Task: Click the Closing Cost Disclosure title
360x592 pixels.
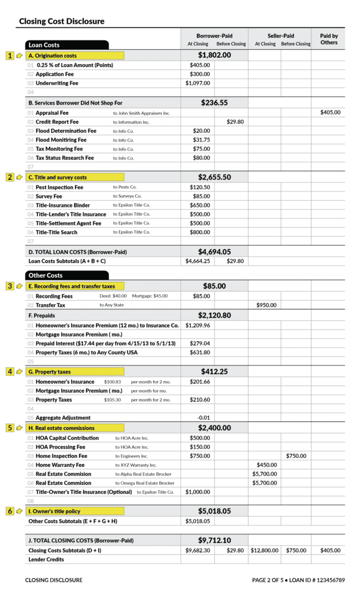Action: coord(62,21)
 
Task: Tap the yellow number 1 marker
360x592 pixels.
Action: coord(10,55)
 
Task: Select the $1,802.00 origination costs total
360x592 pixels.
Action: coord(214,55)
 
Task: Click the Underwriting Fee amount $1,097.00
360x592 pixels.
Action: coord(198,83)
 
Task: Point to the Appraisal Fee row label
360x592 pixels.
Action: coord(52,113)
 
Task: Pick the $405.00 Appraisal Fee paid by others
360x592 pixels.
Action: coord(330,113)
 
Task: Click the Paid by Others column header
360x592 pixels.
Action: coord(329,39)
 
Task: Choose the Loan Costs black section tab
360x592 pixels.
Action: coord(66,45)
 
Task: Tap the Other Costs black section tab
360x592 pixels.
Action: coord(66,275)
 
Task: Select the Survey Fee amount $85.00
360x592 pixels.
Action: coord(201,196)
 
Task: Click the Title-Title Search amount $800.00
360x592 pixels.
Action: coord(200,232)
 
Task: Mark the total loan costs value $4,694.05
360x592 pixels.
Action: coord(214,251)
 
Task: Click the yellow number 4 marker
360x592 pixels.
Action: coord(10,372)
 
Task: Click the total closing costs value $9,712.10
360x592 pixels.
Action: coord(214,540)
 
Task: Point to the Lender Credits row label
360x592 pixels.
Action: coord(47,560)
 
